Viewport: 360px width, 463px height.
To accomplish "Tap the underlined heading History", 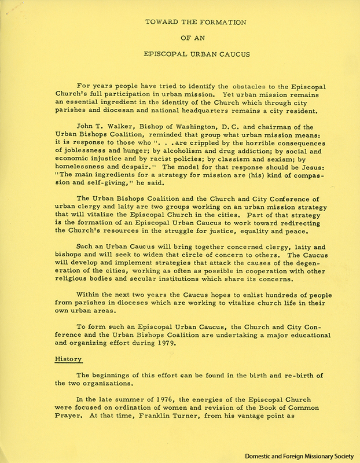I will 69,359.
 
